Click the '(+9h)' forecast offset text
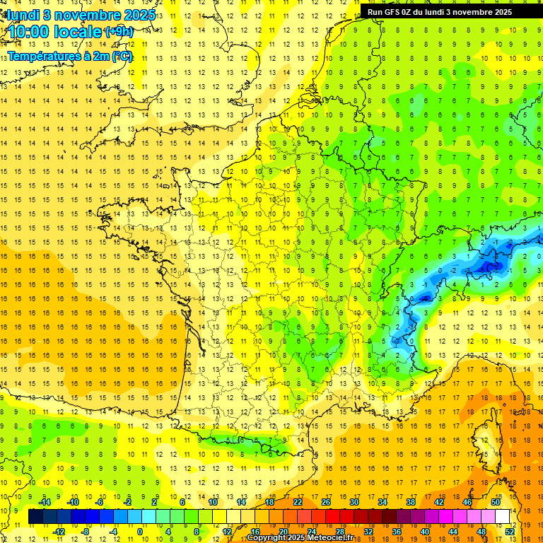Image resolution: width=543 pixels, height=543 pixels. pos(118,31)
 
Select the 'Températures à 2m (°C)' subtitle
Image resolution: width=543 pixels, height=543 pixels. pos(70,56)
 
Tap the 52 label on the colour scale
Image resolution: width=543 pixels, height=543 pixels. pos(510,532)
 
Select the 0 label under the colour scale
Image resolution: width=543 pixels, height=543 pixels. pos(140,532)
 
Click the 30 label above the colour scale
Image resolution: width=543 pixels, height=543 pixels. pos(354,502)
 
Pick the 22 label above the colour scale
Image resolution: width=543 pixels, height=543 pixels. pos(298,502)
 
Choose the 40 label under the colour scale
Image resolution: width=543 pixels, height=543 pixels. pos(425,532)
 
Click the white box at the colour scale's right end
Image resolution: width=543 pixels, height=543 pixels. pos(503,517)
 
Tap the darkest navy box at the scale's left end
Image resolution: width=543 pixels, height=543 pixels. pos(35,517)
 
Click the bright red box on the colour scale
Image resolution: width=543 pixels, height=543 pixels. pos(332,517)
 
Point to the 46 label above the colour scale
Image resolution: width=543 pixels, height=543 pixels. pos(467,502)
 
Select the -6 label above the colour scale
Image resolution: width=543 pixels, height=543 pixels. pos(100,502)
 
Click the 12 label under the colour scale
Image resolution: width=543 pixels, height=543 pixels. pos(227,532)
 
